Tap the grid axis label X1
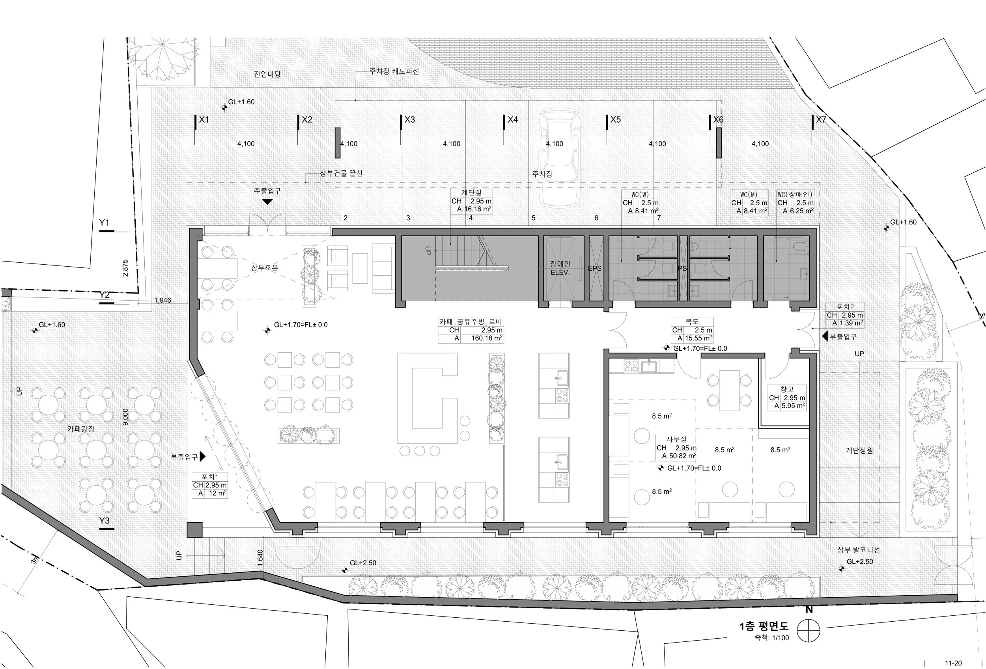204,120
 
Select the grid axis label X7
821,120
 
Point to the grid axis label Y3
105,520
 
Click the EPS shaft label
595,269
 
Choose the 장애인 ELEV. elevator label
560,268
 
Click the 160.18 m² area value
487,338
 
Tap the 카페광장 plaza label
80,429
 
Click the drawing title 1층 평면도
764,626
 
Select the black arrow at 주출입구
267,202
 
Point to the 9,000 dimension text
125,417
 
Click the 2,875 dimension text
125,268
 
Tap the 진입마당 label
267,74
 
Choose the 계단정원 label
859,450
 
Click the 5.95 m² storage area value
794,406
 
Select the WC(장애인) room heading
795,195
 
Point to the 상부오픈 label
264,268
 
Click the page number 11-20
953,663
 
